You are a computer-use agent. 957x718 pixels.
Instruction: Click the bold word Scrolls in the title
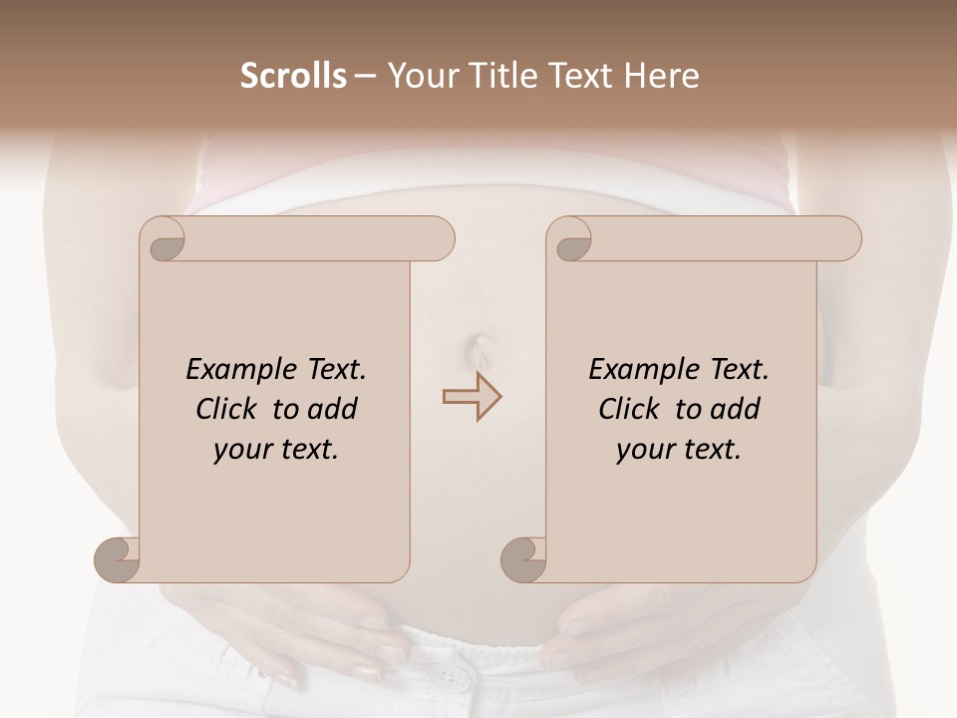[293, 76]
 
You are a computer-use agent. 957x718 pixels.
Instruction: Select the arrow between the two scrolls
[472, 397]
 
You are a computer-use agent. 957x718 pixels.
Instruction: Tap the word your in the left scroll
[240, 449]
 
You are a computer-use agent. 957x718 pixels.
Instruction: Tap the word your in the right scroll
[643, 449]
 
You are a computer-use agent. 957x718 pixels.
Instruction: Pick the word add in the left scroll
[334, 409]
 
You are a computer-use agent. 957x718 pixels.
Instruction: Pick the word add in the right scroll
[737, 409]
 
